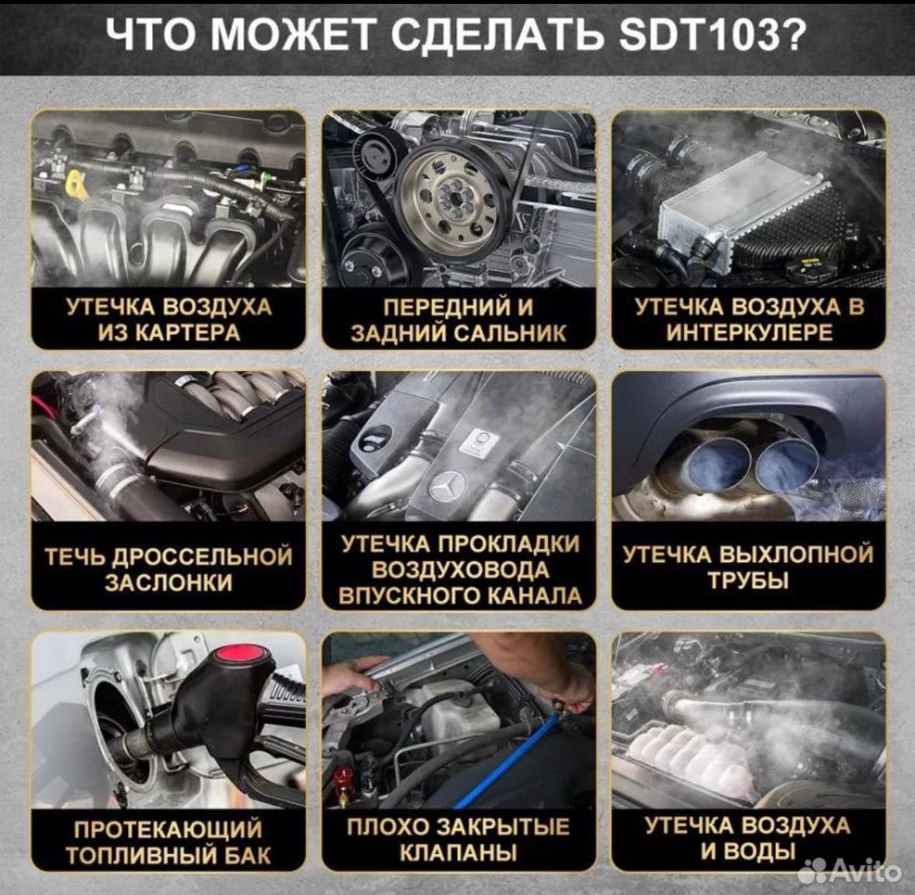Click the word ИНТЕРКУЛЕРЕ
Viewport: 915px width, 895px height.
coord(749,333)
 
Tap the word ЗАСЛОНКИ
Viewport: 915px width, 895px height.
coord(168,582)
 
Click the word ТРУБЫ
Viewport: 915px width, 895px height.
coord(749,581)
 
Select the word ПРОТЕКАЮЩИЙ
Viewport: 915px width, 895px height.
coord(168,830)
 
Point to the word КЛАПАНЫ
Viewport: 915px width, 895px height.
coord(458,853)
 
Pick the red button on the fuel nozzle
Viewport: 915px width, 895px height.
coord(241,654)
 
